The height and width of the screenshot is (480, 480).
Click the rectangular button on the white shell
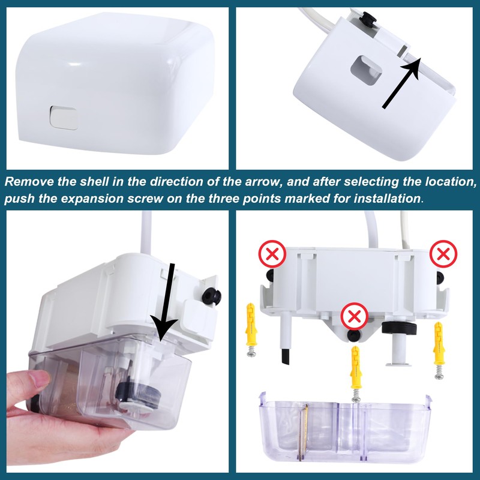pyautogui.click(x=64, y=116)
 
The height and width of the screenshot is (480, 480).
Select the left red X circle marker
pyautogui.click(x=272, y=255)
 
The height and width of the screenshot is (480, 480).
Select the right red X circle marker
pyautogui.click(x=443, y=254)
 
